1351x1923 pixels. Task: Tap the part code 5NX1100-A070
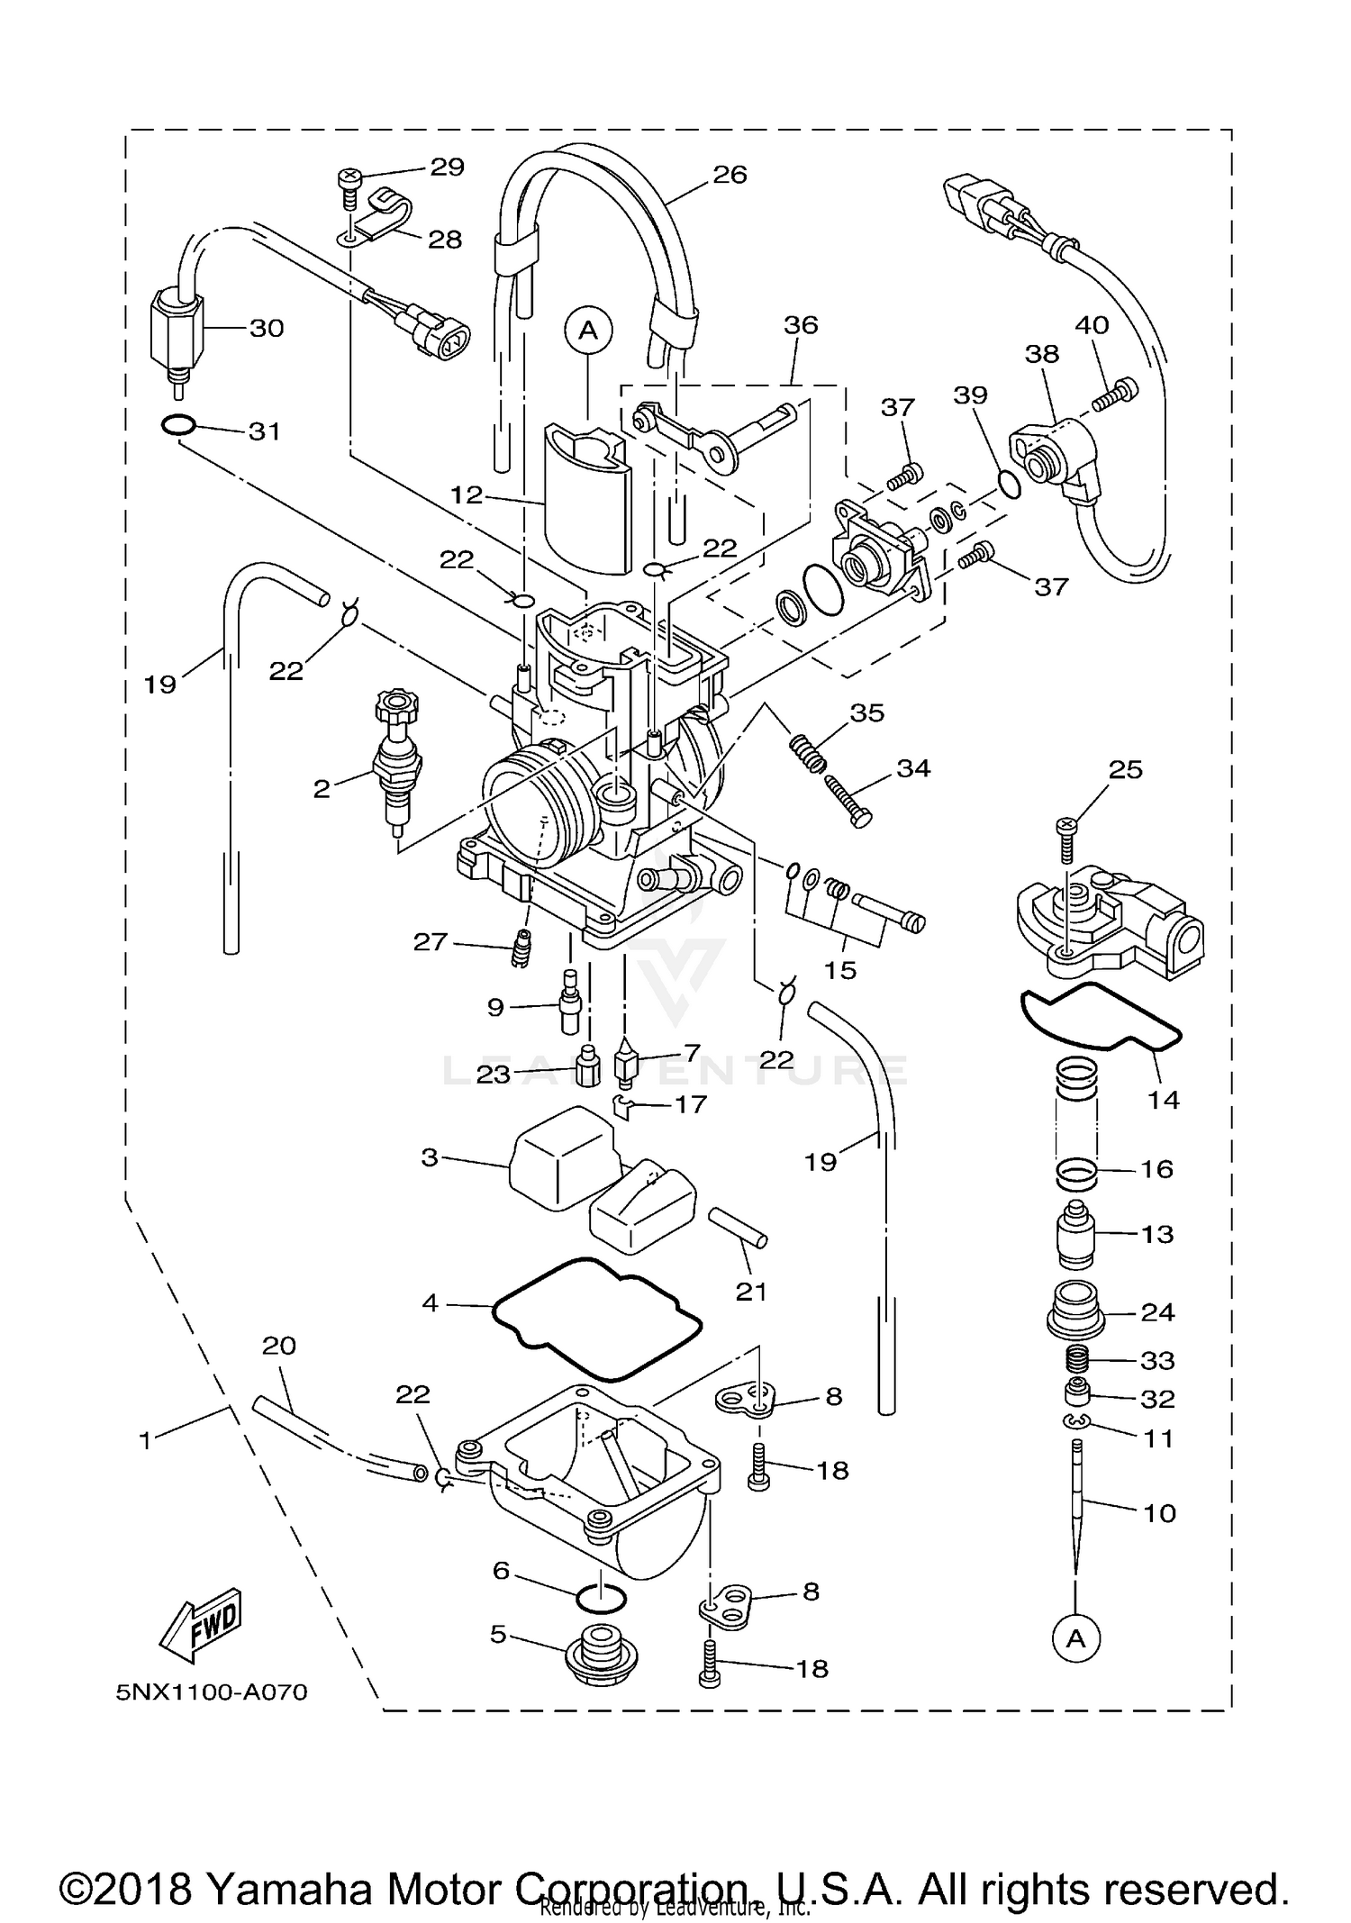click(x=212, y=1692)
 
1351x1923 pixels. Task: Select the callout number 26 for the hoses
click(x=730, y=174)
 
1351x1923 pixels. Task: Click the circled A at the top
click(x=588, y=331)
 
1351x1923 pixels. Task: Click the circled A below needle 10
click(x=1076, y=1639)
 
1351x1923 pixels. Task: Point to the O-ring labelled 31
click(x=180, y=424)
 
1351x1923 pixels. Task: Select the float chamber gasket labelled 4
click(x=597, y=1320)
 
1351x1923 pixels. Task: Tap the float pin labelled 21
click(x=737, y=1228)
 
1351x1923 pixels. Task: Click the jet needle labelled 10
click(x=1076, y=1513)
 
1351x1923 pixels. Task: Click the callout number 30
click(x=267, y=328)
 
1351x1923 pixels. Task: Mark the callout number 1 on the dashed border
click(x=145, y=1439)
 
